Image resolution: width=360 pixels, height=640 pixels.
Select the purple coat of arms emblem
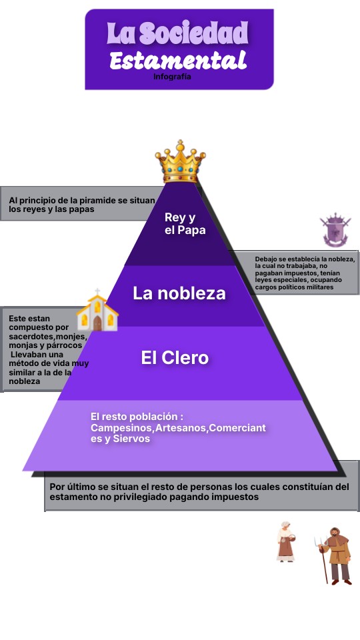[x=335, y=230]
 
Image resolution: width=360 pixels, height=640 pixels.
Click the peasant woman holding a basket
[x=286, y=541]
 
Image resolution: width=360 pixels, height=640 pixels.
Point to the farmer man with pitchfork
[x=334, y=556]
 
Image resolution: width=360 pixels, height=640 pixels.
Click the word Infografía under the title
[x=172, y=76]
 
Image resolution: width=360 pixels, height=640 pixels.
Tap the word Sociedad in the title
[x=193, y=33]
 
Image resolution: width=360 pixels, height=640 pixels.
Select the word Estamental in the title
[x=178, y=61]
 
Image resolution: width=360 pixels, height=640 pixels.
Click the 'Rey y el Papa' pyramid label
[x=185, y=224]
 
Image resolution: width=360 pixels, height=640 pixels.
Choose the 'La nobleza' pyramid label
[x=179, y=293]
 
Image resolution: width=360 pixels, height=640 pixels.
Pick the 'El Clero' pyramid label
[x=175, y=358]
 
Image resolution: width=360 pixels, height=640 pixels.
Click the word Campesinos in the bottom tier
[x=121, y=428]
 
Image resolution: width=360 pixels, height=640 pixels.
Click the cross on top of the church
[x=97, y=291]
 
